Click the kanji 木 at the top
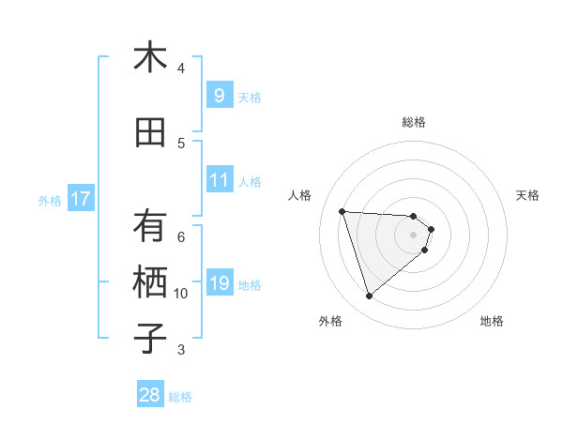point(150,58)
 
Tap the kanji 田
point(150,133)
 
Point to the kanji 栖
point(150,283)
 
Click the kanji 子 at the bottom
point(150,340)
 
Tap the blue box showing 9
point(219,96)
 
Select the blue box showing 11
point(219,180)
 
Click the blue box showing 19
point(219,283)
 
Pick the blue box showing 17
point(80,199)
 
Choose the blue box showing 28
point(149,395)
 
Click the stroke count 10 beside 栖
point(181,294)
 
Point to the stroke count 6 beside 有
point(181,237)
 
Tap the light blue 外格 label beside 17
point(50,200)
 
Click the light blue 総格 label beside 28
point(180,397)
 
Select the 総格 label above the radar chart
point(414,122)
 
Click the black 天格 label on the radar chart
point(527,195)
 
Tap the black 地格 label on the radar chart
point(492,321)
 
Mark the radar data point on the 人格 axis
point(342,211)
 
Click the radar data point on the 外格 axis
point(369,297)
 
